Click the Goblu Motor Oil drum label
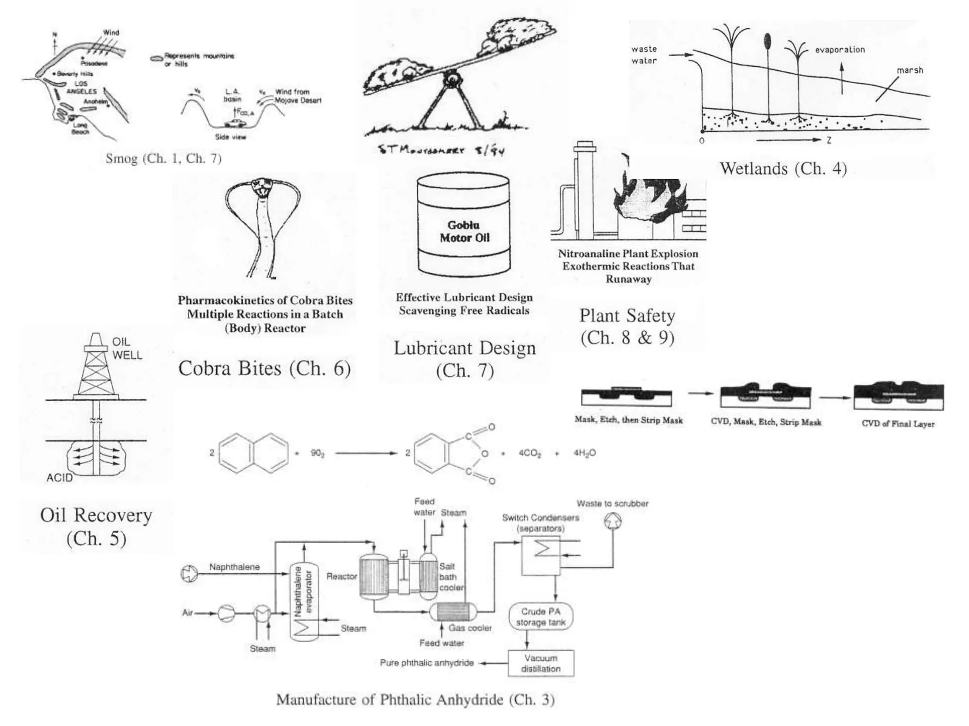464,231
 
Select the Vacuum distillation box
541,663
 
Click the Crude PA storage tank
541,617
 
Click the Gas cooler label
470,628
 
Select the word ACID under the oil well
60,478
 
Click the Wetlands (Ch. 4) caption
783,169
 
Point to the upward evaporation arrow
842,78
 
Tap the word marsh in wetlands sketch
909,70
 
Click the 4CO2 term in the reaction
529,453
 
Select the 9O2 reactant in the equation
317,453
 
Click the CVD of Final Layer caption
898,423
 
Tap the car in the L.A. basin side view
235,123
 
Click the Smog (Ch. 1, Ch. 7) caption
163,158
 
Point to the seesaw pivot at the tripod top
452,77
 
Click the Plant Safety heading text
627,316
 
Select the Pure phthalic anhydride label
426,663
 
